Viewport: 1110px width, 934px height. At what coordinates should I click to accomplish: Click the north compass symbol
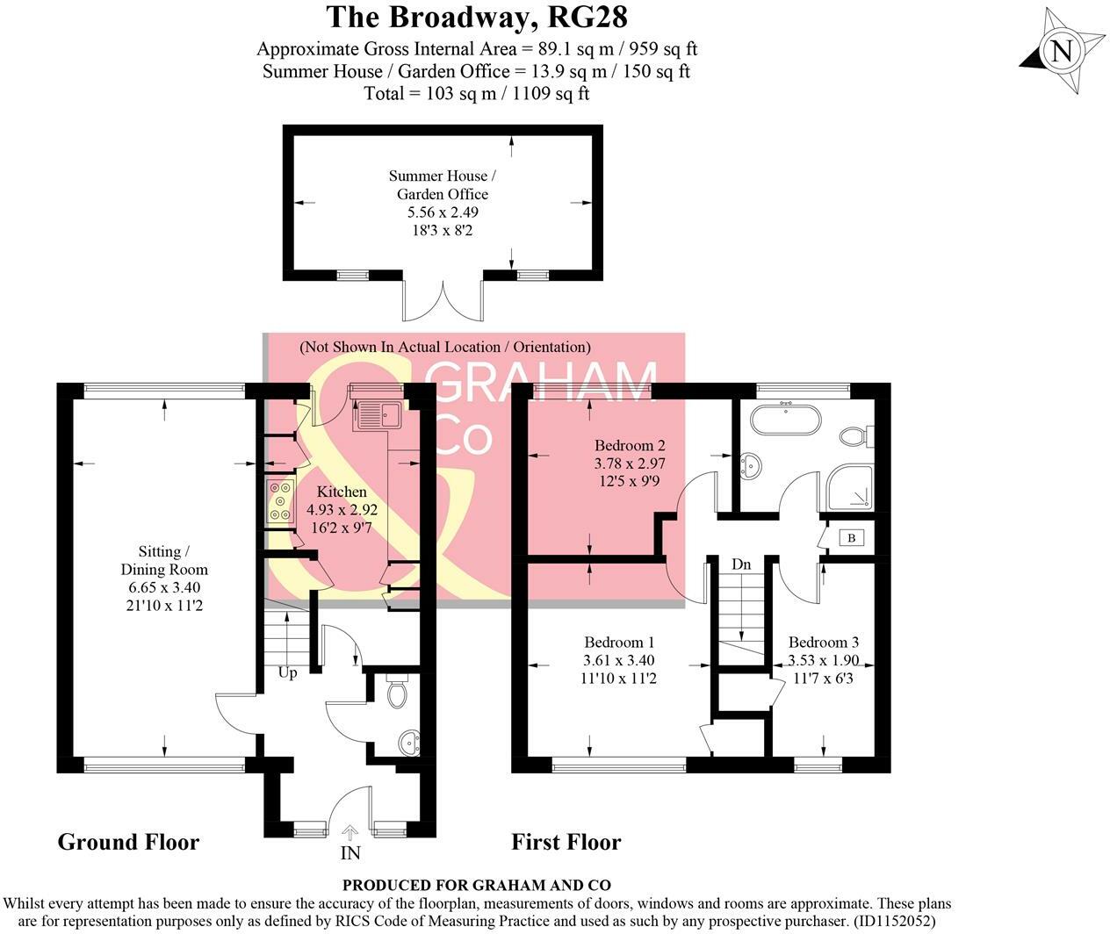coord(1062,51)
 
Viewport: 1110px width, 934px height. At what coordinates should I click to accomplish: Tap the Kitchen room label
coord(342,492)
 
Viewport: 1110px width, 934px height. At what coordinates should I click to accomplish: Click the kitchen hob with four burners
coord(281,502)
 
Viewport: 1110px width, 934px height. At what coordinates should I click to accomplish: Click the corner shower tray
coord(849,488)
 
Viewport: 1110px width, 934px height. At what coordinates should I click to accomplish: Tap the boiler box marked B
coord(851,538)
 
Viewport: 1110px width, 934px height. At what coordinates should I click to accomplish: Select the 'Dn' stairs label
coord(742,564)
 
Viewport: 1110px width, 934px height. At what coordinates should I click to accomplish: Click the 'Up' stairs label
coord(287,673)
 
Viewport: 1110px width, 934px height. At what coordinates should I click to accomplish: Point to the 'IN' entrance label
coord(350,852)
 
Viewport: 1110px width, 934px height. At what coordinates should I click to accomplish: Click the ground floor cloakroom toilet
coord(395,693)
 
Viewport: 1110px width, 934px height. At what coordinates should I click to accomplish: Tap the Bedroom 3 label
coord(823,643)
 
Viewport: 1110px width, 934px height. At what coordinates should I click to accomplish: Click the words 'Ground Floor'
coord(128,842)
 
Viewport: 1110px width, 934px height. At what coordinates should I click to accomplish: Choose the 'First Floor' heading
coord(566,843)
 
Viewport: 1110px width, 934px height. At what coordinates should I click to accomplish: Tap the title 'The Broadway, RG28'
coord(477,17)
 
